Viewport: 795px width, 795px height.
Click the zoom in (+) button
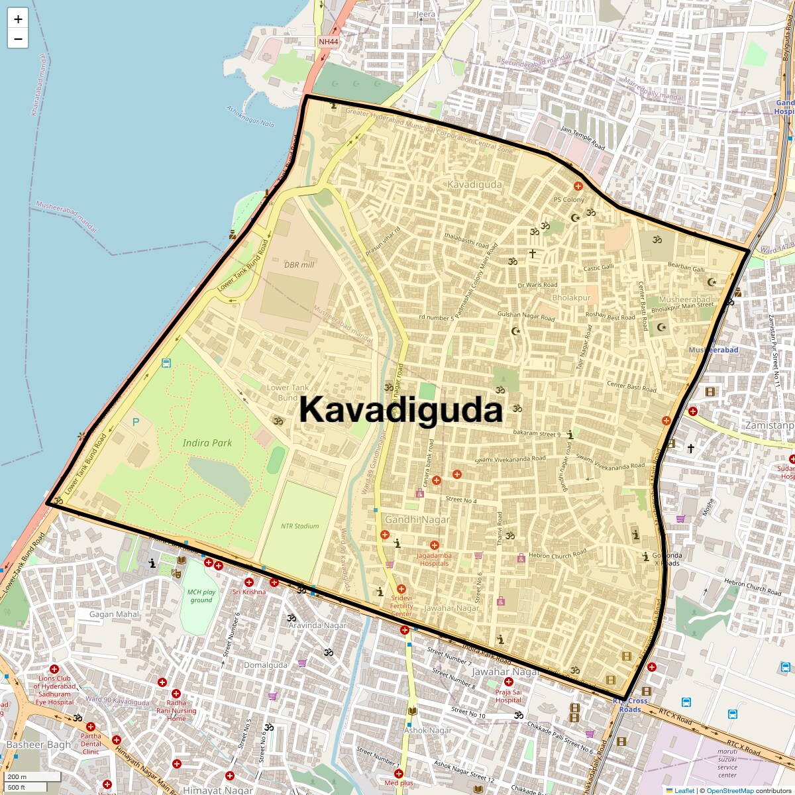click(18, 19)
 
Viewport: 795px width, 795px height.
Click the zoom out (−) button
click(18, 39)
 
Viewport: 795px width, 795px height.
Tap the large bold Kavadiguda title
click(401, 409)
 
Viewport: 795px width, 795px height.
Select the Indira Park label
click(207, 443)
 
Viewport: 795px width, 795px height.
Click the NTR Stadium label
click(299, 526)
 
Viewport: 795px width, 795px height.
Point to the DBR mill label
click(299, 264)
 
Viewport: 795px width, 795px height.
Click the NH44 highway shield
click(328, 42)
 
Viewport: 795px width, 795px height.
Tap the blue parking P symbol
click(136, 422)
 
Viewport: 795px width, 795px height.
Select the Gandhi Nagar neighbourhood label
click(417, 520)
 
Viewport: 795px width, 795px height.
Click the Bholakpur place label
click(571, 297)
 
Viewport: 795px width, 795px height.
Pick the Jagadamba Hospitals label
click(434, 559)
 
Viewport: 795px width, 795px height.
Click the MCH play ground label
click(201, 596)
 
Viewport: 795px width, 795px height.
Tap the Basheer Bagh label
click(38, 745)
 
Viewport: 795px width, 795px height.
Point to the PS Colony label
click(568, 199)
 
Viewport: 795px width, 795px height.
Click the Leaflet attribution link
click(684, 790)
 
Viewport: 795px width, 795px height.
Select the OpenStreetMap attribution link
click(729, 790)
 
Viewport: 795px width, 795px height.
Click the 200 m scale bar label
click(18, 776)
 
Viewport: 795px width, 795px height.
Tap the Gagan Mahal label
click(114, 614)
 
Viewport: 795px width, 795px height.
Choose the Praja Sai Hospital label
click(508, 696)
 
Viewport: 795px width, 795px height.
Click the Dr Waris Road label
click(537, 285)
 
